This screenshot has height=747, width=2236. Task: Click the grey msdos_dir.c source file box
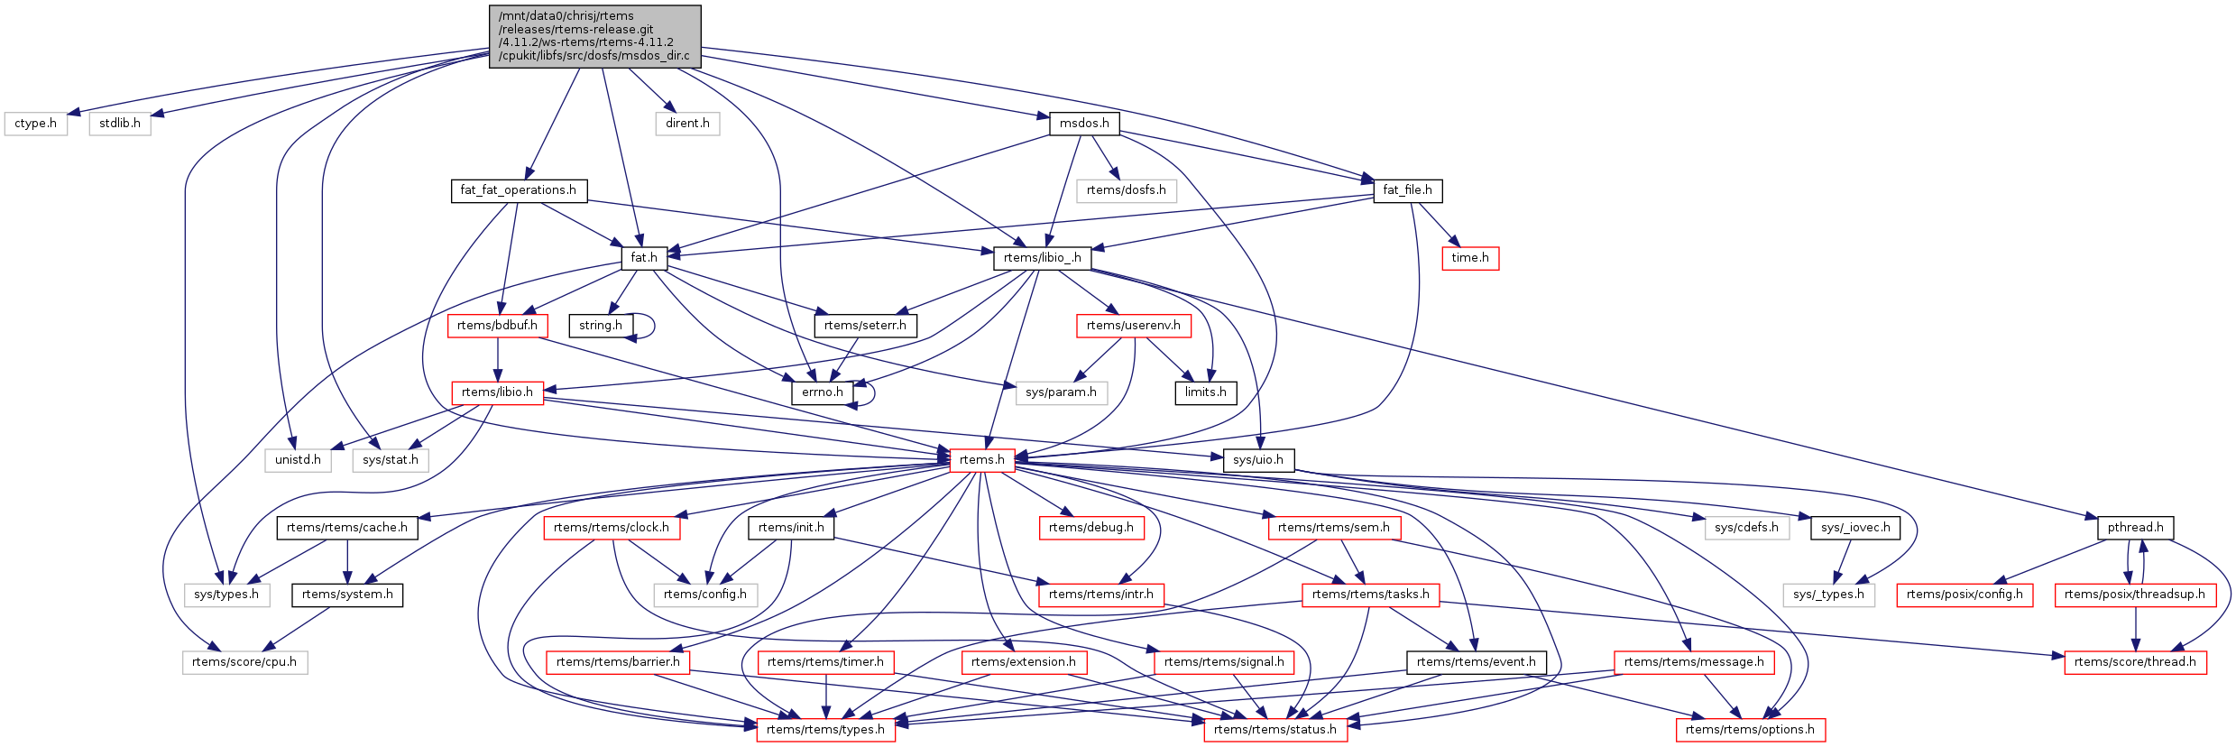coord(594,36)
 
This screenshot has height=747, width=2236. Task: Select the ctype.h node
coord(35,124)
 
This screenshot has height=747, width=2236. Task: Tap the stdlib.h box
coord(120,124)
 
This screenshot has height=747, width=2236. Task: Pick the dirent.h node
coord(687,124)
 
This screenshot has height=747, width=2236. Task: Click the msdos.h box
coord(1083,124)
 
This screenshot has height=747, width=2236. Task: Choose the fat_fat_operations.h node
coord(518,190)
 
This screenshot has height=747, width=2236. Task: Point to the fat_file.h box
coord(1407,190)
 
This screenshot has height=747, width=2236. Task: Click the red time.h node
coord(1470,258)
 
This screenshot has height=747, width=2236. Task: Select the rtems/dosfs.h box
coord(1126,190)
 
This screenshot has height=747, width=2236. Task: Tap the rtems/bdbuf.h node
coord(497,326)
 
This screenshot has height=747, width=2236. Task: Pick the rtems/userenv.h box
coord(1133,326)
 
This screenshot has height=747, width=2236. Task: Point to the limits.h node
coord(1205,392)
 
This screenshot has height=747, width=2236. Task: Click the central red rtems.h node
coord(981,460)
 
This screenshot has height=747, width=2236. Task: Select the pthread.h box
coord(2135,528)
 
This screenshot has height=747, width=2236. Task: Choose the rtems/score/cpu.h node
coord(244,662)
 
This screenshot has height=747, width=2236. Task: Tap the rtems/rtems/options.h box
coord(1750,730)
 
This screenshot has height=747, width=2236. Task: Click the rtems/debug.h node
coord(1091,528)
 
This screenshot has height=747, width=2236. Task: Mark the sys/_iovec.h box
coord(1854,528)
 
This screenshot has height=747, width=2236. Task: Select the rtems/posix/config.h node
coord(1965,595)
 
